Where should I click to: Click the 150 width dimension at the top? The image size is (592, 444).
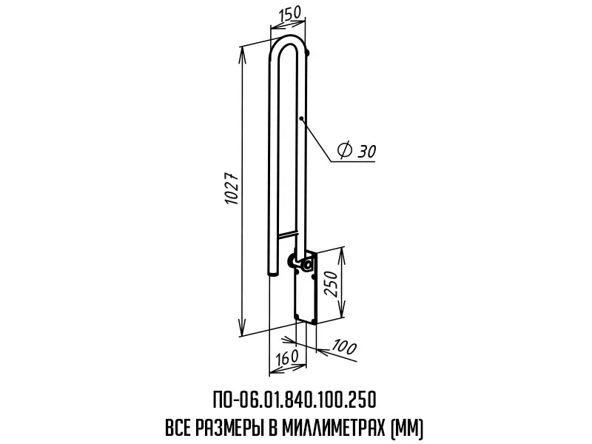[x=290, y=13]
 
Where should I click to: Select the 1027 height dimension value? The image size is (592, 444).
[x=232, y=189]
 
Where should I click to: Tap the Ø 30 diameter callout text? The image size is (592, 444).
[x=357, y=150]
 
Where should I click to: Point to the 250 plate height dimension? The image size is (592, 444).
[x=331, y=284]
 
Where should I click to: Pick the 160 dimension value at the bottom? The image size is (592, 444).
[x=286, y=357]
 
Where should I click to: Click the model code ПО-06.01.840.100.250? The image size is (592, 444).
[x=295, y=400]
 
